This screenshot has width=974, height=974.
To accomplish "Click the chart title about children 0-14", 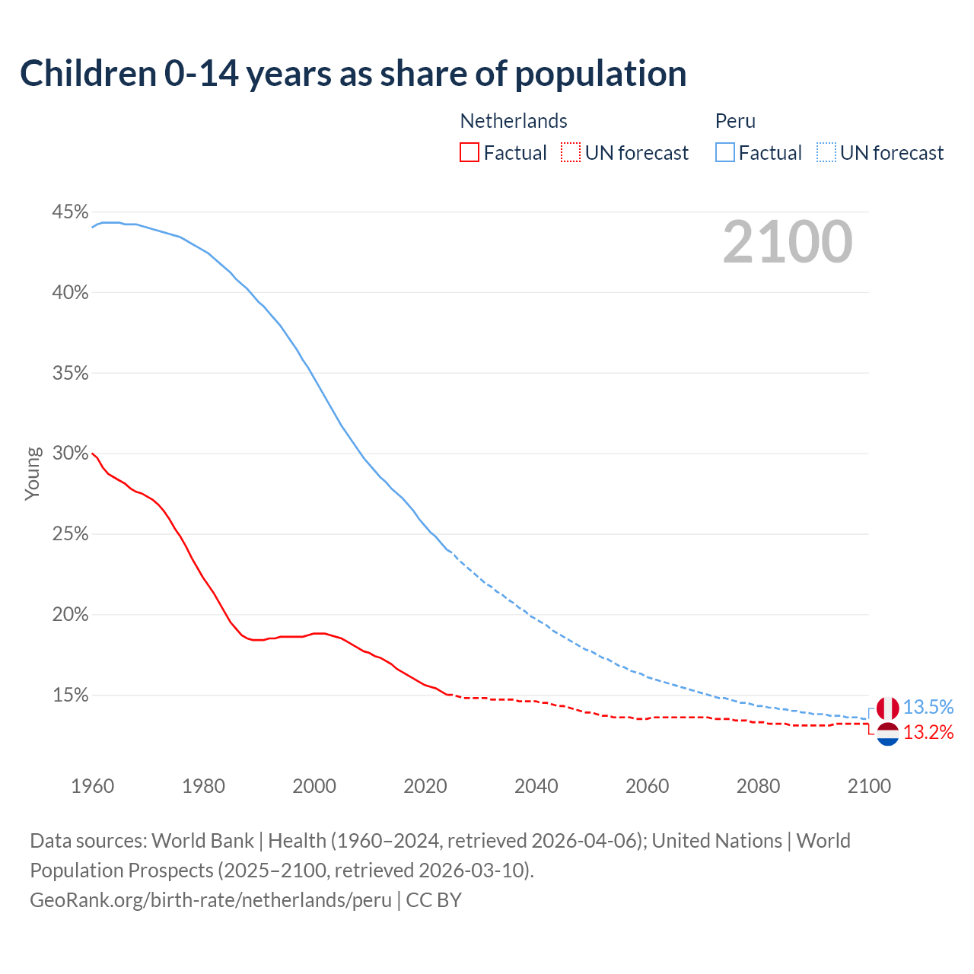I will pos(353,74).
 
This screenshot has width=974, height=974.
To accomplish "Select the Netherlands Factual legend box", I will pos(469,153).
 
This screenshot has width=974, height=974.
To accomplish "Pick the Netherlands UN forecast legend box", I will pos(571,153).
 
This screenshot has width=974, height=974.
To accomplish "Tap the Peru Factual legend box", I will pos(725,153).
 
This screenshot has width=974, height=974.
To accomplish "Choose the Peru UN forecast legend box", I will pos(826,153).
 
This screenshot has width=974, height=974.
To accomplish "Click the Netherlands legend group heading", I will pos(514,121).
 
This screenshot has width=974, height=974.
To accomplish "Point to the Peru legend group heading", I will pos(735,121).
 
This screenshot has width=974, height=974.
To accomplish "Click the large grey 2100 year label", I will pos(788,242).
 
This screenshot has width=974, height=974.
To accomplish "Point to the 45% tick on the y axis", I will pos(70,212).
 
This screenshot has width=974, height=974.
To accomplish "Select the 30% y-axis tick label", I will pos(70,454).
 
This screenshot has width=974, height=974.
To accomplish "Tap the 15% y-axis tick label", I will pos(70,695).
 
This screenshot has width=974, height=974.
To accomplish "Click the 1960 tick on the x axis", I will pos(93,786).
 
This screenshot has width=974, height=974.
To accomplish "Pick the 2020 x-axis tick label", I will pos(425,786).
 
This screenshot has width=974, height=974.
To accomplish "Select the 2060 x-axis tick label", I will pos(647,786).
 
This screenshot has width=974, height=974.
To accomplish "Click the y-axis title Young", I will pos(33,473).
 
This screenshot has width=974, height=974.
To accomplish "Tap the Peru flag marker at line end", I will pos(887,708).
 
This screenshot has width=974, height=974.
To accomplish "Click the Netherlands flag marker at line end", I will pos(887,734).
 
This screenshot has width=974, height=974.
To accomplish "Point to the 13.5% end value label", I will pos(928,708).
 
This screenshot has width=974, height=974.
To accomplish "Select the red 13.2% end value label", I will pos(928,733).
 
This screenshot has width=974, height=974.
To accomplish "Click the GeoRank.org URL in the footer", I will pos(211,900).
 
